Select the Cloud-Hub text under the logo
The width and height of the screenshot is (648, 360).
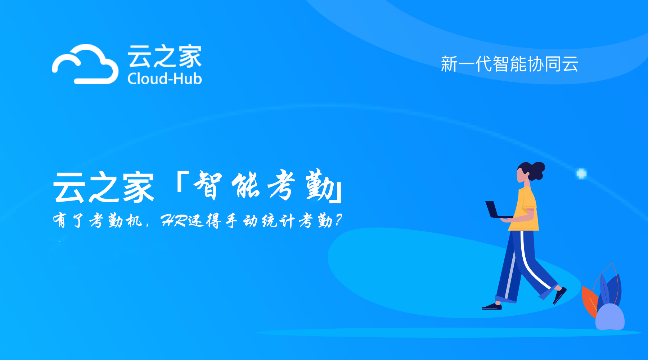point(165,78)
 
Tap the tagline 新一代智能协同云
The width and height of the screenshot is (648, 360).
point(509,64)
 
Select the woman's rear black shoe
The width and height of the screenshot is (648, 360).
point(492,307)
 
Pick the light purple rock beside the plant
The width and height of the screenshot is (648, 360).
point(610,317)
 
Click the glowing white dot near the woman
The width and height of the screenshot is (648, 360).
point(581,174)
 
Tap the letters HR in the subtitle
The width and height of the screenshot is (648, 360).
point(174,220)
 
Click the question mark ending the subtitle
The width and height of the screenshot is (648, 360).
point(338,220)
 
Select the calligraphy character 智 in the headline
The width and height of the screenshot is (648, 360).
point(208,185)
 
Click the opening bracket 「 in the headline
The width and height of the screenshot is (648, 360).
point(183,182)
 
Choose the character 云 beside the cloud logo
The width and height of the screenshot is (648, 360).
point(139,56)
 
